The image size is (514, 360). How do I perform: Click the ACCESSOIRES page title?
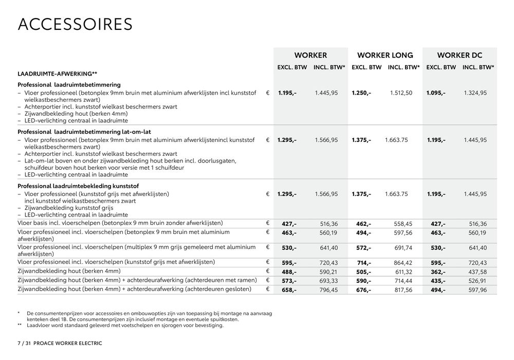[x=75, y=24]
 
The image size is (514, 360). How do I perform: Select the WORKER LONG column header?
[x=385, y=55]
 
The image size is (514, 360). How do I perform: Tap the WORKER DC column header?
[x=460, y=55]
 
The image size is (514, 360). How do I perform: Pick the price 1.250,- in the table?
[x=361, y=93]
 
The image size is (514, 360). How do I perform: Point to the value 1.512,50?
[x=401, y=93]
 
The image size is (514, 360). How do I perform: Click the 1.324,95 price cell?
[x=475, y=93]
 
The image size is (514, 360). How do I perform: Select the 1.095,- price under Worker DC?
[x=436, y=93]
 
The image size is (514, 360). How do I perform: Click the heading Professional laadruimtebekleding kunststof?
[x=78, y=186]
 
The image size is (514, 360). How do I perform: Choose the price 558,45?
[x=403, y=224]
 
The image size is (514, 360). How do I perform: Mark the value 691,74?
[x=403, y=248]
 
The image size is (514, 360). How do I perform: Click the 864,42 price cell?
[x=403, y=263]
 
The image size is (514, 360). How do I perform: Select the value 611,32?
[x=403, y=272]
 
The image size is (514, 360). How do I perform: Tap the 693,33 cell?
[x=327, y=281]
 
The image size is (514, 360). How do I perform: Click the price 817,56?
[x=403, y=290]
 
